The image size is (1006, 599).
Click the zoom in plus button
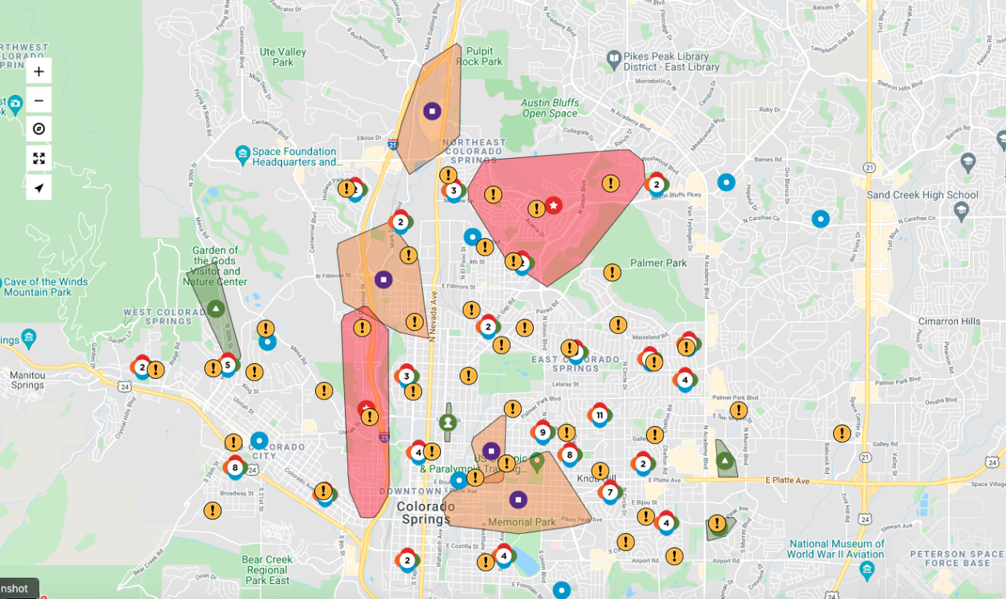click(39, 72)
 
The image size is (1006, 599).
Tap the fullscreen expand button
click(39, 158)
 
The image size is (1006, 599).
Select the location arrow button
click(39, 187)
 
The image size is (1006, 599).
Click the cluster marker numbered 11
click(600, 415)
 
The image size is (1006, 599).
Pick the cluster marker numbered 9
click(542, 432)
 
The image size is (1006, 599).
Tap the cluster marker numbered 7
click(610, 492)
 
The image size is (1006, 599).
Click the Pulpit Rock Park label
click(479, 56)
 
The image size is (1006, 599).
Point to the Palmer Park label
click(659, 263)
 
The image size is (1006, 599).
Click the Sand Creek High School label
click(923, 195)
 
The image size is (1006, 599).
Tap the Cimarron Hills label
click(949, 322)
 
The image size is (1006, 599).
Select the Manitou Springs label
click(28, 380)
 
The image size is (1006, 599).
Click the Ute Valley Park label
click(283, 57)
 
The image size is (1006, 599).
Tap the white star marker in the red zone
click(553, 205)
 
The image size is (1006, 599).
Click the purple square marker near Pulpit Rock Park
click(431, 111)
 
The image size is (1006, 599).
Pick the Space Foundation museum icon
click(242, 153)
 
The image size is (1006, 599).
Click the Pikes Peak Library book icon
click(614, 57)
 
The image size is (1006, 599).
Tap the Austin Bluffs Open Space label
click(549, 108)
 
